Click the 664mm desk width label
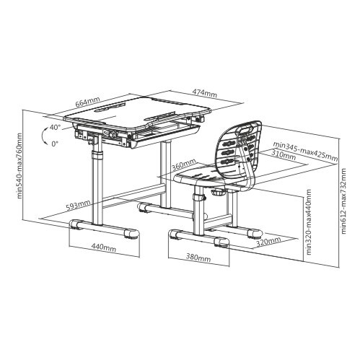(x=88, y=102)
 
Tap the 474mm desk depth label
(x=205, y=93)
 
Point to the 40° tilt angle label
(x=55, y=127)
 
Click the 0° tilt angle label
(x=55, y=144)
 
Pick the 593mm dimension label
(x=78, y=205)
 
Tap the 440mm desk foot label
(x=103, y=247)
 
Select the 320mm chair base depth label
(x=268, y=242)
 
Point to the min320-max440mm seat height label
(x=309, y=221)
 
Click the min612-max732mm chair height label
(x=343, y=201)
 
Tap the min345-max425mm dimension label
(x=305, y=152)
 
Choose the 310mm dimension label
(x=284, y=155)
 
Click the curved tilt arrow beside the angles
(x=43, y=136)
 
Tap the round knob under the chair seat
(x=219, y=193)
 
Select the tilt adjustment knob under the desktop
(x=113, y=134)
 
